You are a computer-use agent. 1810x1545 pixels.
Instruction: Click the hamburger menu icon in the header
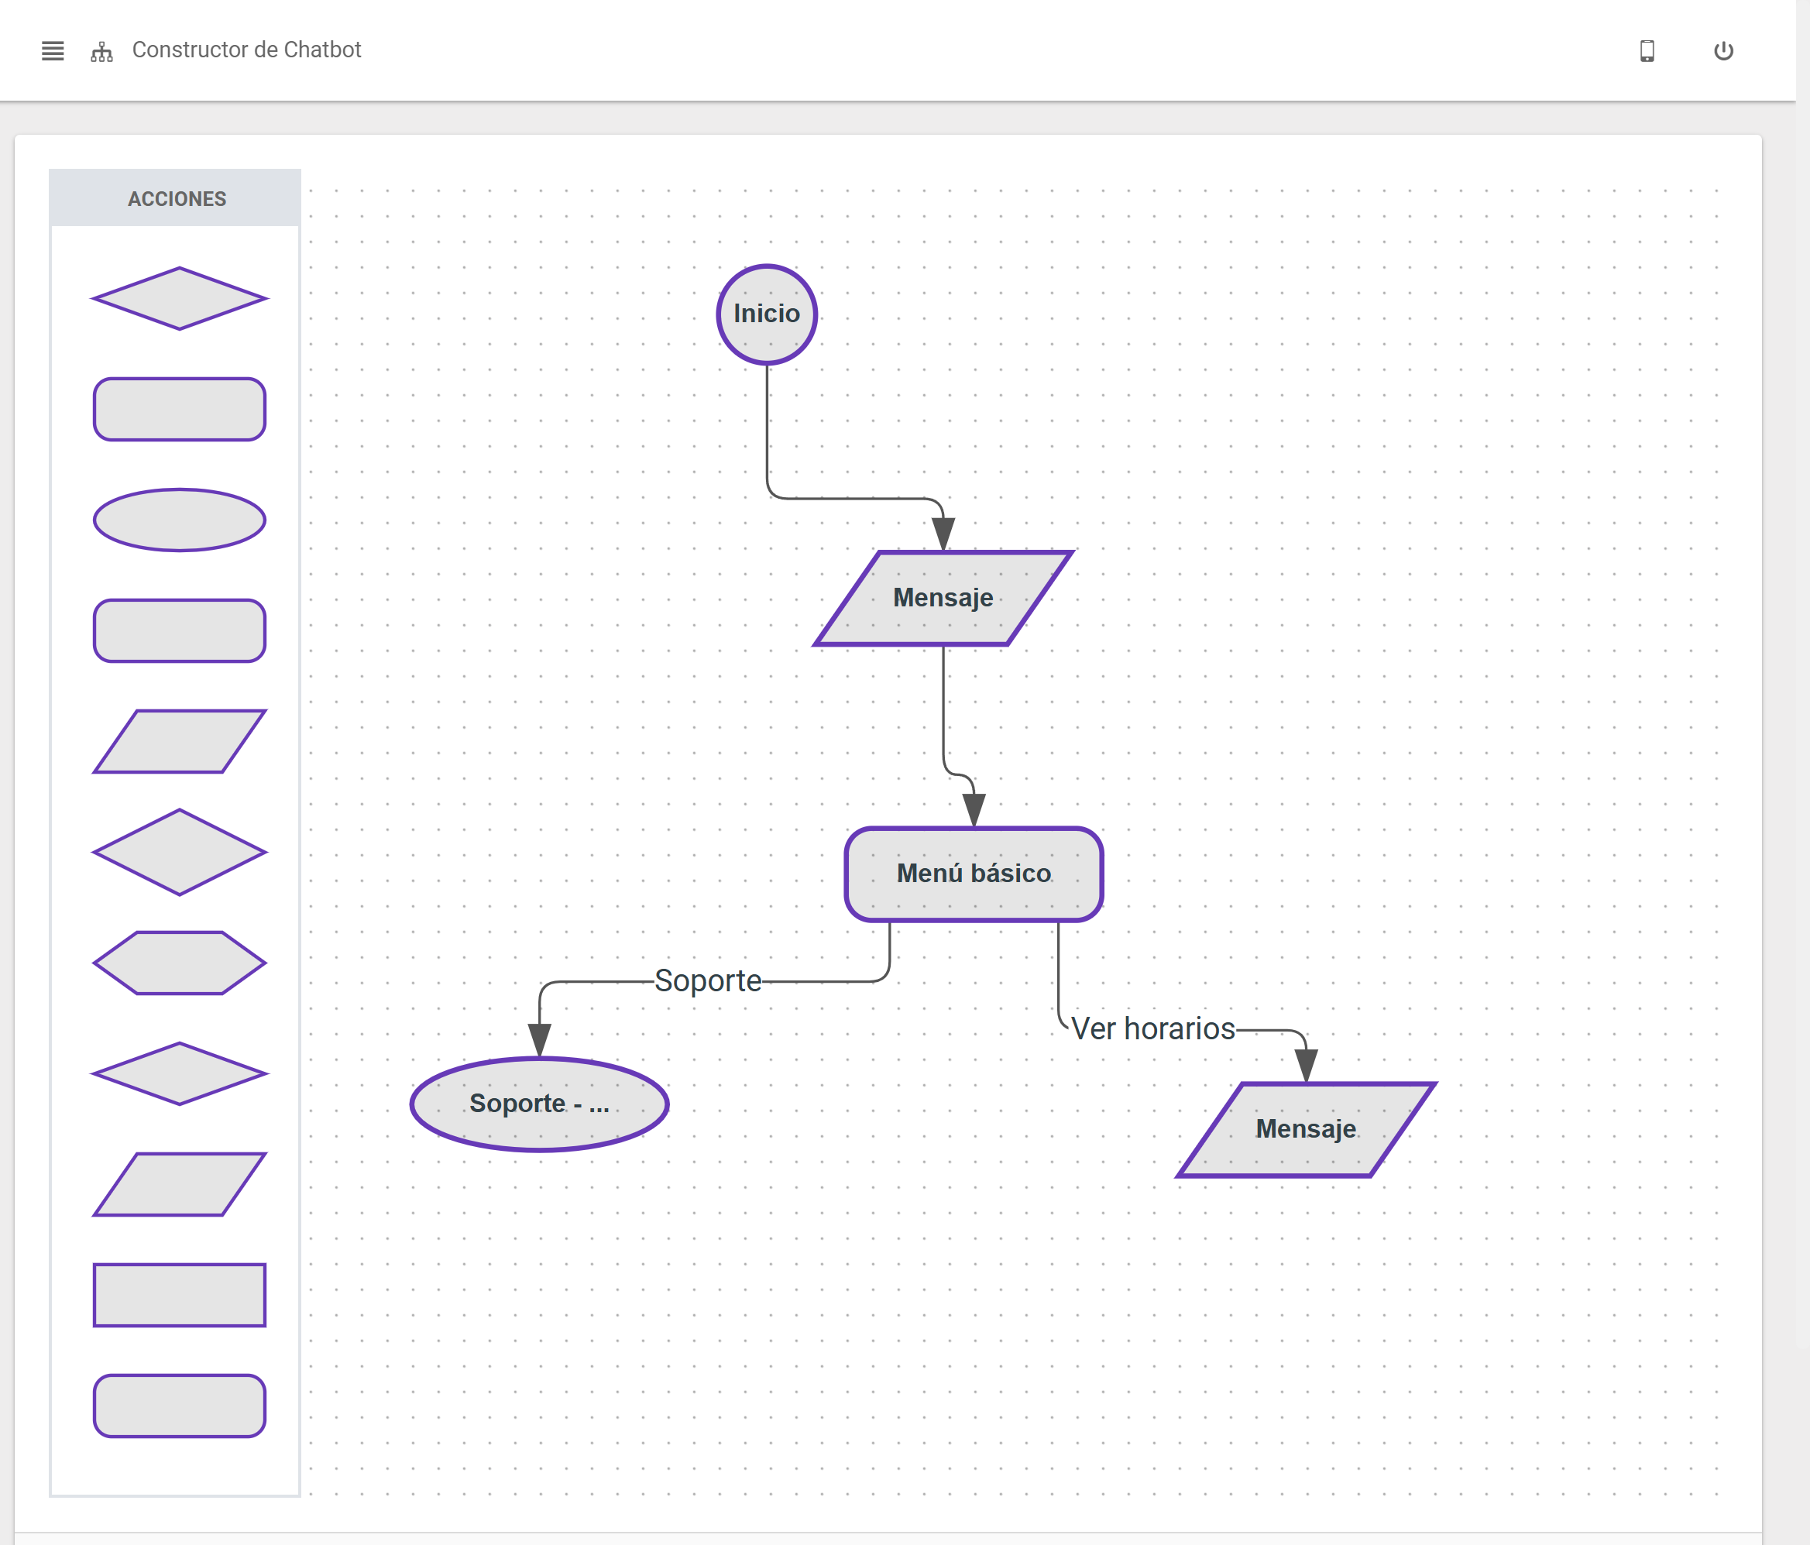[53, 50]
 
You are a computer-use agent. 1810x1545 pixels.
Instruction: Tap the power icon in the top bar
[1722, 50]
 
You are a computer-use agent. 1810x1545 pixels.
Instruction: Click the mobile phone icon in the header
[1647, 50]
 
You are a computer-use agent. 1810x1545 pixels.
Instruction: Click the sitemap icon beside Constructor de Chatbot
[101, 52]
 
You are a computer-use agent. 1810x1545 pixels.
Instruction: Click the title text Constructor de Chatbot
[246, 50]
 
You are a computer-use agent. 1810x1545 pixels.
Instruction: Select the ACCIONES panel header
[176, 198]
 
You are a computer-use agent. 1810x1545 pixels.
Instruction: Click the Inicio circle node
[766, 314]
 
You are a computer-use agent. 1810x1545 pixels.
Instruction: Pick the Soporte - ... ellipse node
[539, 1104]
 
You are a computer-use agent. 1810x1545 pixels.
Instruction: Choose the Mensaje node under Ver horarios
[1305, 1129]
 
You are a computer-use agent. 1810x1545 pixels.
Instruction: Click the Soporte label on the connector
[708, 980]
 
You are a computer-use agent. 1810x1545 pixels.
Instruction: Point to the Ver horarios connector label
[1152, 1028]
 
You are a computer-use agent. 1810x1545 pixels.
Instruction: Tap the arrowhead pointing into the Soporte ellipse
[539, 1039]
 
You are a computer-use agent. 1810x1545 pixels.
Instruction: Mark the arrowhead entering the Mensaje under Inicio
[943, 533]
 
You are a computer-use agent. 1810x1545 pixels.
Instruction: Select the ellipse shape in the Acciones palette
[179, 520]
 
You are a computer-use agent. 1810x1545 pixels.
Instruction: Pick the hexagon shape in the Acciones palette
[179, 963]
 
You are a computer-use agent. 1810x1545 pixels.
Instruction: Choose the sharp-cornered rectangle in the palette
[179, 1294]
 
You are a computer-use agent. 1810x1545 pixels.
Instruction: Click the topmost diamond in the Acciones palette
[179, 299]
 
